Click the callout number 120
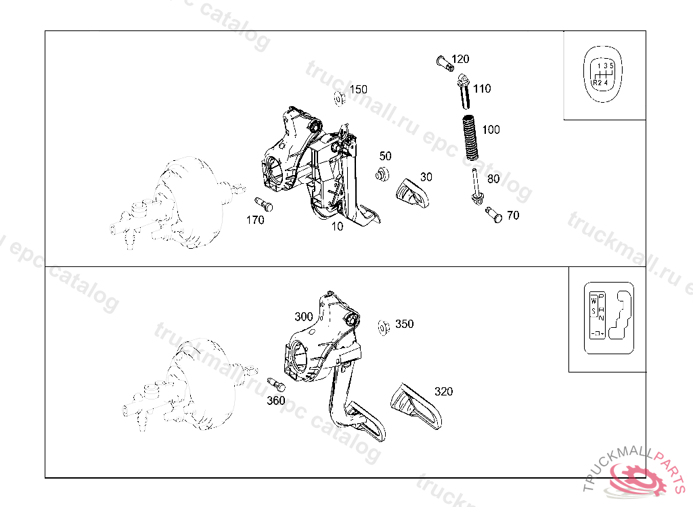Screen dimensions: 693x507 pyautogui.click(x=460, y=59)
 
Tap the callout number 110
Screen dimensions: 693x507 pyautogui.click(x=482, y=89)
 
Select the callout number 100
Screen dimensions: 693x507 pyautogui.click(x=491, y=129)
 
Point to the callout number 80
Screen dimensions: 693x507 pyautogui.click(x=493, y=179)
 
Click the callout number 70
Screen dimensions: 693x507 pyautogui.click(x=513, y=215)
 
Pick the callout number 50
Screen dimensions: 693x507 pyautogui.click(x=385, y=156)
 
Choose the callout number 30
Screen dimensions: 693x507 pyautogui.click(x=426, y=176)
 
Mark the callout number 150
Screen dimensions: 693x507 pyautogui.click(x=358, y=89)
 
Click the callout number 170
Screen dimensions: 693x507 pyautogui.click(x=255, y=220)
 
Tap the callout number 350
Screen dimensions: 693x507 pyautogui.click(x=404, y=324)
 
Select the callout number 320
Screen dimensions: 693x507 pyautogui.click(x=443, y=391)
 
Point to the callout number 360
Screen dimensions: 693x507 pyautogui.click(x=275, y=400)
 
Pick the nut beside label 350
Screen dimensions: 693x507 pyautogui.click(x=383, y=328)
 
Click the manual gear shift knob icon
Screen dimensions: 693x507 pyautogui.click(x=603, y=75)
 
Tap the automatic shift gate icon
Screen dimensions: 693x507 pyautogui.click(x=608, y=318)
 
